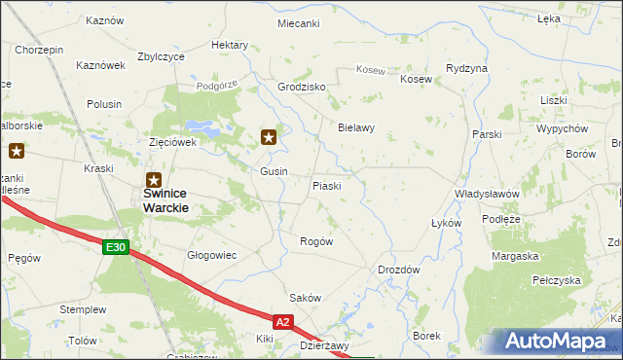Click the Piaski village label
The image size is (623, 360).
coord(326,186)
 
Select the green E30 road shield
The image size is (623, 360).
coord(116,248)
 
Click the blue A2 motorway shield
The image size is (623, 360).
coord(282,320)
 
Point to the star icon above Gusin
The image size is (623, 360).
coord(270,138)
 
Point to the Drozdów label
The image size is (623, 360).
coord(398,270)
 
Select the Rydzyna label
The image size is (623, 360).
coord(466,69)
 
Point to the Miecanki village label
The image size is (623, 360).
coord(298,22)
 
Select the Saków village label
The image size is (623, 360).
coord(305,297)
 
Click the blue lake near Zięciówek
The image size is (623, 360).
coord(207,126)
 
